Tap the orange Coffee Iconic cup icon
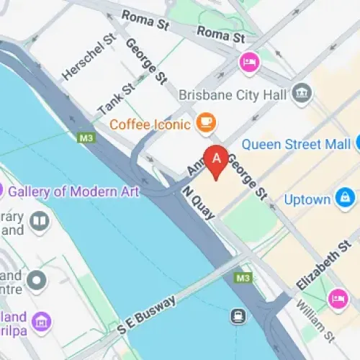click(x=206, y=124)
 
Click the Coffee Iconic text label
click(x=150, y=125)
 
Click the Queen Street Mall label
click(x=296, y=143)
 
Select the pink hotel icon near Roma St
click(x=249, y=62)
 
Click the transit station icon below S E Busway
click(x=236, y=315)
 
